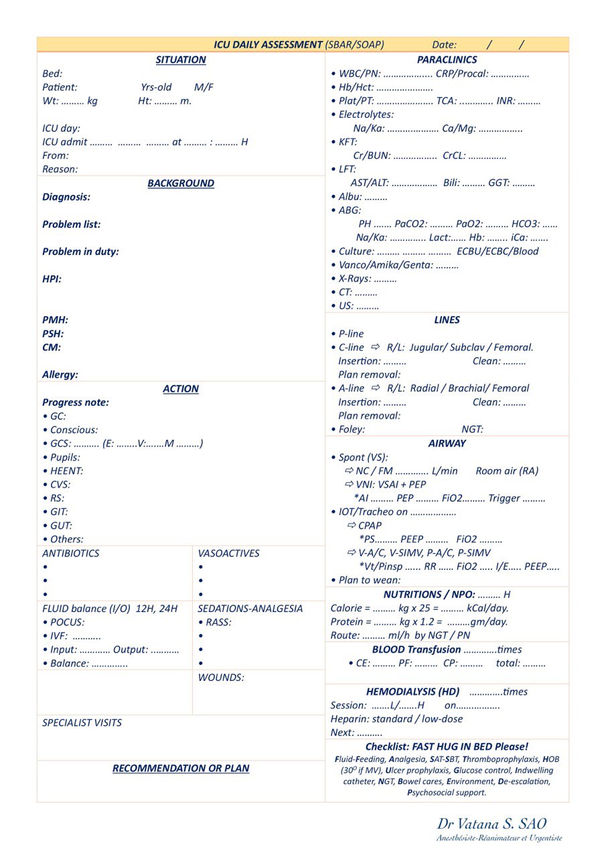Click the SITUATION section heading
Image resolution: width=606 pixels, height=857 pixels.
[x=181, y=60]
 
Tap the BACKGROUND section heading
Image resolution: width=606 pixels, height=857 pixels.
[x=181, y=183]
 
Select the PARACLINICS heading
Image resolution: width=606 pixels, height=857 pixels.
[x=447, y=60]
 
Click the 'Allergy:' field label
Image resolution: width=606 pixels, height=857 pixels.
[x=60, y=375]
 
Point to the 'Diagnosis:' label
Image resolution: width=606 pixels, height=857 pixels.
[x=66, y=197]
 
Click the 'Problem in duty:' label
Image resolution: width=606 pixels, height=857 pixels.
[x=80, y=252]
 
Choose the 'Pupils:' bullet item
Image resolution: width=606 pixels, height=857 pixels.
[x=64, y=457]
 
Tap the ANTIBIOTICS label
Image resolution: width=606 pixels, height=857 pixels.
[x=70, y=554]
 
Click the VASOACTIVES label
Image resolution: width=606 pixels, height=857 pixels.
[x=228, y=554]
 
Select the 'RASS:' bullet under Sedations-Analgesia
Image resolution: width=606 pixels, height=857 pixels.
[x=218, y=622]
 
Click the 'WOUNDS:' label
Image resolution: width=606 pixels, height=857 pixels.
[x=221, y=678]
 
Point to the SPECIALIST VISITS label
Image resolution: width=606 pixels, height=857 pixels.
[x=82, y=723]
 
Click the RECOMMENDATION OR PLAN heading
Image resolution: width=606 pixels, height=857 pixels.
[x=181, y=768]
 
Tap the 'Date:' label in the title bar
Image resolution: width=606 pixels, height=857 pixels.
[x=445, y=45]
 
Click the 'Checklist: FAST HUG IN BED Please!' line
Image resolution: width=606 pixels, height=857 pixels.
[x=447, y=747]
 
